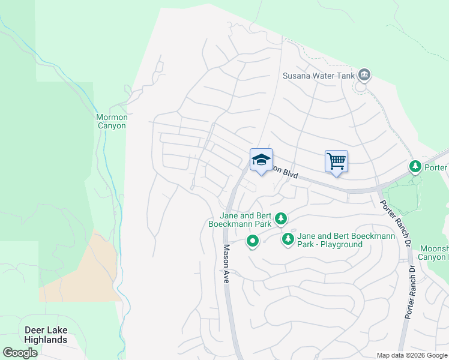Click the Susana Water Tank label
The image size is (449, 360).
click(318, 76)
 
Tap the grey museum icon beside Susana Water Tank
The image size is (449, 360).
click(364, 75)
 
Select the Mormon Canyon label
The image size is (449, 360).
click(112, 121)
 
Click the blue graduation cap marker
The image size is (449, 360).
click(261, 160)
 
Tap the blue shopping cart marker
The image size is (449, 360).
click(336, 161)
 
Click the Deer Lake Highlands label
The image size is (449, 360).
click(46, 335)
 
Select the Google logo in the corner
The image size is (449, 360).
click(20, 353)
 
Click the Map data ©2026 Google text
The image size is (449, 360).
click(412, 355)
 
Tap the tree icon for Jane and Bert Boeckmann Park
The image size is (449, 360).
click(280, 218)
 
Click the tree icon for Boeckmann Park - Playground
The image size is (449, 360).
click(288, 240)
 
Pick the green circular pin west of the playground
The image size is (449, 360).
click(253, 242)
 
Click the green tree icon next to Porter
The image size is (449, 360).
click(415, 166)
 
